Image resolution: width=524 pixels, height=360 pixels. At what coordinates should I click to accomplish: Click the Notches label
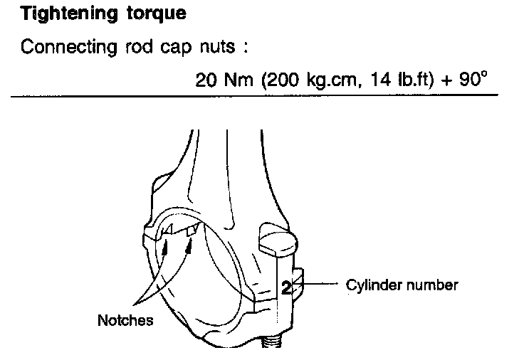pos(125,321)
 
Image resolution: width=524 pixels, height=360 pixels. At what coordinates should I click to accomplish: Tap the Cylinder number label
pos(402,285)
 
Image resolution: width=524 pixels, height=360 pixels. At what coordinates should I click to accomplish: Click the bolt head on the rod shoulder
pos(276,239)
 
